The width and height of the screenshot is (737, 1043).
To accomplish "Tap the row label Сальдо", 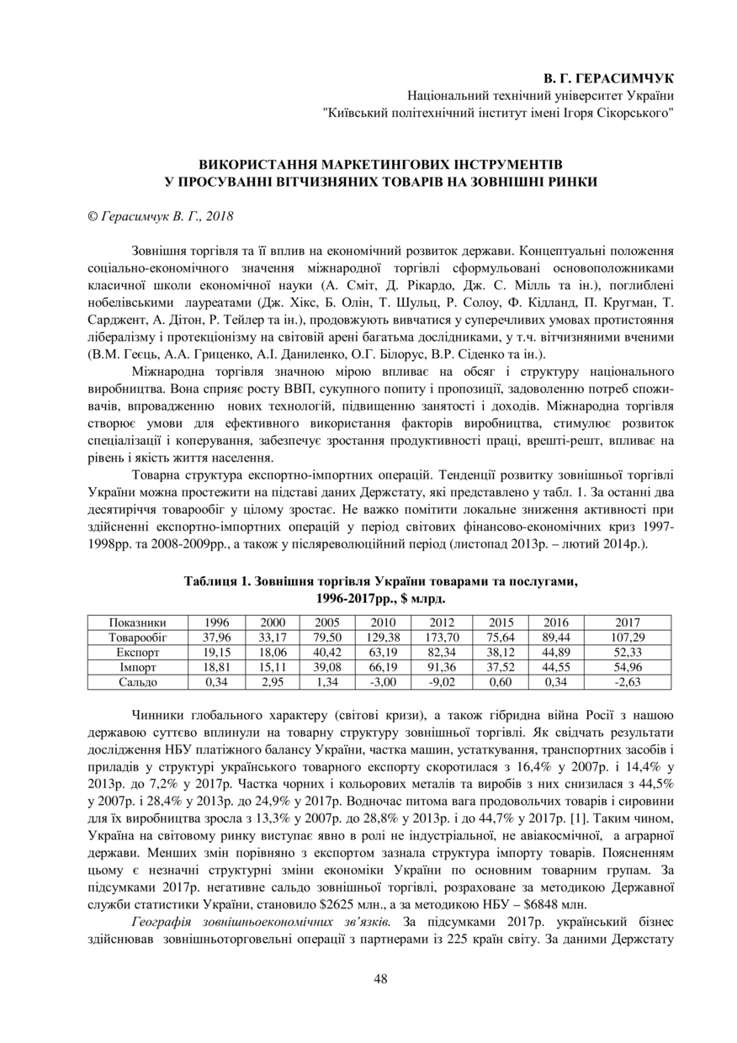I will pyautogui.click(x=138, y=681).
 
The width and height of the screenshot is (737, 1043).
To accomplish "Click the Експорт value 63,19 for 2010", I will pyautogui.click(x=383, y=652).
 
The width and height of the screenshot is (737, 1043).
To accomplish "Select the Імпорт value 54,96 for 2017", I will pyautogui.click(x=628, y=667).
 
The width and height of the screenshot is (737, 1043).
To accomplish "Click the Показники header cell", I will pyautogui.click(x=138, y=622).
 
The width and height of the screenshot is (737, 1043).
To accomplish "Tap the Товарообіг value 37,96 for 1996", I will pyautogui.click(x=217, y=638).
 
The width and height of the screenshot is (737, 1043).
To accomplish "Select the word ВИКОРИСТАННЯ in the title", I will pyautogui.click(x=259, y=163).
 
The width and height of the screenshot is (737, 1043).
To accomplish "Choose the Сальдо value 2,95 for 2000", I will pyautogui.click(x=272, y=681).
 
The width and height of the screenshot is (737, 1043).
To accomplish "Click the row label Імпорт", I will pyautogui.click(x=138, y=667).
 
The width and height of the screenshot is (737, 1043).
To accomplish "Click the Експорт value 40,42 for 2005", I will pyautogui.click(x=326, y=652).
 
